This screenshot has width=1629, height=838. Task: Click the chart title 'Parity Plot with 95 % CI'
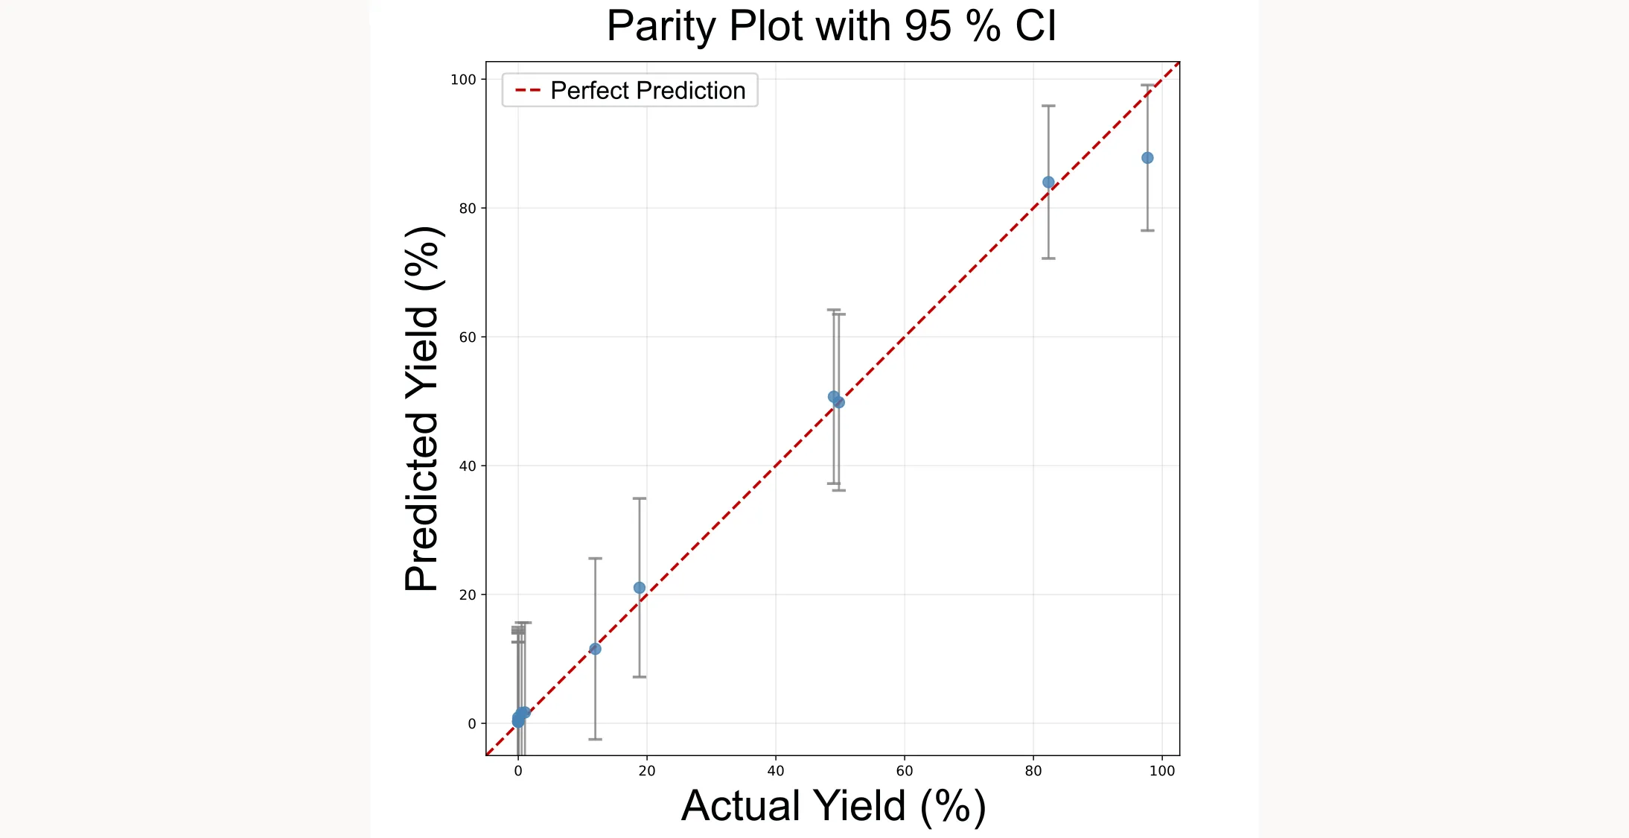tap(831, 26)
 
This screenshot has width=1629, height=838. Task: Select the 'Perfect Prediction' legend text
tap(647, 91)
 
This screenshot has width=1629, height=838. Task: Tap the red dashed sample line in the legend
tap(528, 91)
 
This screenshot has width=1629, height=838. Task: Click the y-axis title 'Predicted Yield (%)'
tap(423, 409)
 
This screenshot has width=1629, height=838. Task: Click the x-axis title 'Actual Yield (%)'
tap(833, 806)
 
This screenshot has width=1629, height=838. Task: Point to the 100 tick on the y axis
tap(462, 80)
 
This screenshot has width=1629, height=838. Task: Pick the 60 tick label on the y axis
tap(467, 337)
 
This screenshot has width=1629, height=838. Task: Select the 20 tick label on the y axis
tap(467, 595)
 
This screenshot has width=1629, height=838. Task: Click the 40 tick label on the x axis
tap(775, 771)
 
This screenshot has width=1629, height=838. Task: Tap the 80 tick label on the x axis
tap(1033, 771)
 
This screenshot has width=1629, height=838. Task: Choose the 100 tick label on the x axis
tap(1161, 771)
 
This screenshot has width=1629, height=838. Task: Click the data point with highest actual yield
tap(1147, 158)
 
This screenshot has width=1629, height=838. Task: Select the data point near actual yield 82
tap(1048, 182)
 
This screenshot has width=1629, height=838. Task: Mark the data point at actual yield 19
tap(639, 588)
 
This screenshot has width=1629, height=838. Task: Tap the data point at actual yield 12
tap(595, 649)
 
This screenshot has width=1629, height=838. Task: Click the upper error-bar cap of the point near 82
tap(1048, 106)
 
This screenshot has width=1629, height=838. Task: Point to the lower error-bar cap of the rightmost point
tap(1147, 230)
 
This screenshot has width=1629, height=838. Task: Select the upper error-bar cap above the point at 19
tap(639, 498)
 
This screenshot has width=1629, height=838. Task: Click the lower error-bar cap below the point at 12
tap(595, 739)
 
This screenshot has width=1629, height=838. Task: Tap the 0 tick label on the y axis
tap(471, 724)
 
